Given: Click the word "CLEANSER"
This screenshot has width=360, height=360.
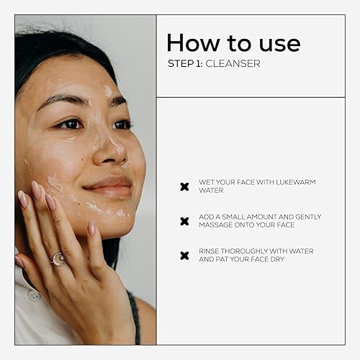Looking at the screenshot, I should point(233,63).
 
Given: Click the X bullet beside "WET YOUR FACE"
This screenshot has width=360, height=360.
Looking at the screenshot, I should point(184,186).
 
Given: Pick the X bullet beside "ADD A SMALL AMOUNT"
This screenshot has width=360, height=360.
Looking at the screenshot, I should point(184,221).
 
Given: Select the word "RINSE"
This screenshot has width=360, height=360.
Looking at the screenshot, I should point(210,251).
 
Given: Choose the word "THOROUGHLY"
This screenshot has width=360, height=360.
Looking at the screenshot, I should point(250,251).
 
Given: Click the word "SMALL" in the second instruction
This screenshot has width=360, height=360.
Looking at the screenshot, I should point(237,217).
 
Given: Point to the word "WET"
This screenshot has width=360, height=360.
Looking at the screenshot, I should point(207,182).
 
